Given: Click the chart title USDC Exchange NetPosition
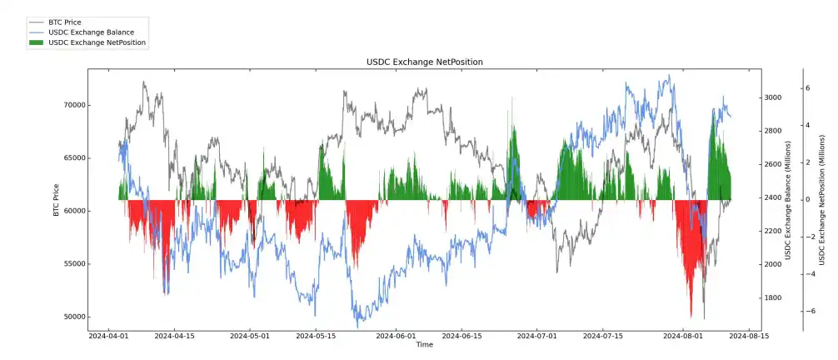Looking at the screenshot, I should (x=424, y=62).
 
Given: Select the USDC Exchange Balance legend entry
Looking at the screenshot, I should (x=91, y=32).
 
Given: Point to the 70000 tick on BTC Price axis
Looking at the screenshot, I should (x=74, y=106).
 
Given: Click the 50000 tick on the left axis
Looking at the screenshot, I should (x=74, y=317).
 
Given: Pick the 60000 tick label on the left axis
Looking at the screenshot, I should (x=74, y=212).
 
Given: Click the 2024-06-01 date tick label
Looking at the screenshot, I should (x=396, y=337).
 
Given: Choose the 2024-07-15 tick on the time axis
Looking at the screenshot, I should (x=602, y=337).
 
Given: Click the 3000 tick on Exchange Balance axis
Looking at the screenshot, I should (x=773, y=97).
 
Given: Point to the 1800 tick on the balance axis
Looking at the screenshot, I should (x=773, y=297).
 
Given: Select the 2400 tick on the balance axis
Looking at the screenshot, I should (x=773, y=197).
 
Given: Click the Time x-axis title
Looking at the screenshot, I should (x=424, y=345).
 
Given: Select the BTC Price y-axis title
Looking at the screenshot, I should (x=56, y=199).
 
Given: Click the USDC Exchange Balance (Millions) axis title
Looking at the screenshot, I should (x=788, y=199).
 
